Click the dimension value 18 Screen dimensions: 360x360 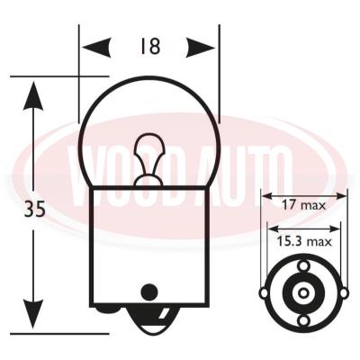coord(150,46)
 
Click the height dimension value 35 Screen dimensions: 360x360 coord(35,209)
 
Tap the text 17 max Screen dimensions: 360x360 coord(303,205)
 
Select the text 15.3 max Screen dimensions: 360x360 coord(304,241)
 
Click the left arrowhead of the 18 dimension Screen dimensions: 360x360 coord(96,48)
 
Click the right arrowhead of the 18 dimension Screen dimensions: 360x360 coord(201,48)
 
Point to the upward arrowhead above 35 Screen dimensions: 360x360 coord(33,95)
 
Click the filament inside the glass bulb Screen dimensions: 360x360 coord(149,159)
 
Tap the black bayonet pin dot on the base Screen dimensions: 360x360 coord(149,292)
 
